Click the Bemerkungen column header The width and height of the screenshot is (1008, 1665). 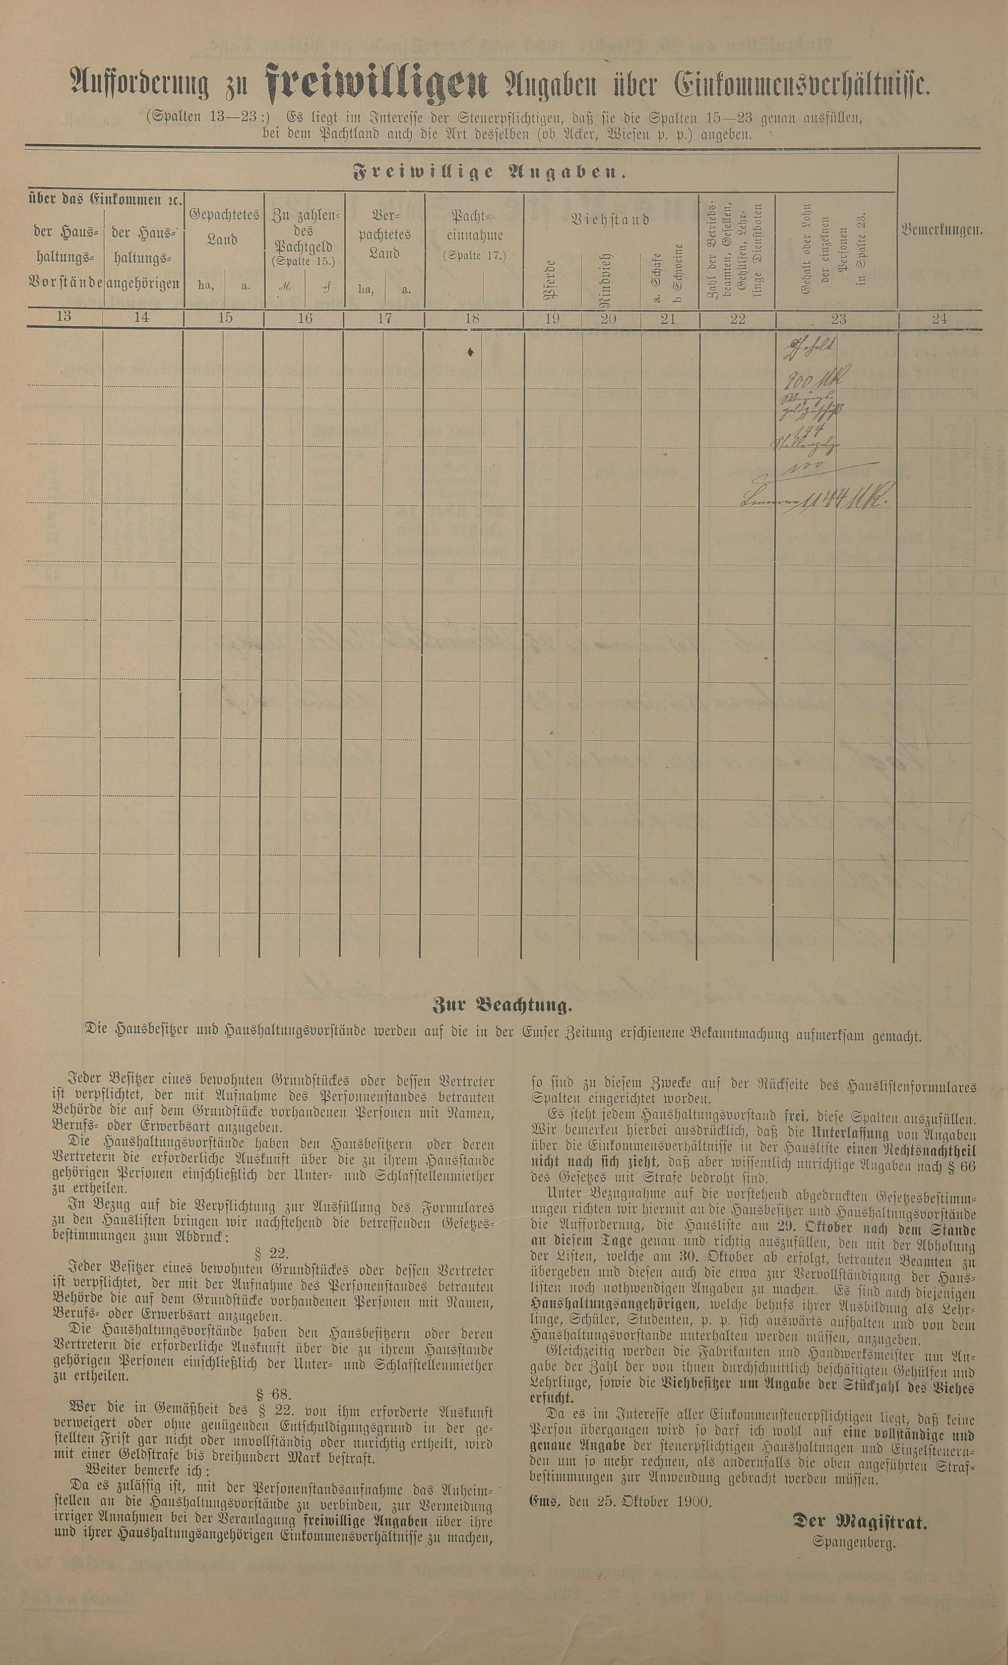tap(940, 230)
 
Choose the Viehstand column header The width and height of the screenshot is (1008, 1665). tap(611, 220)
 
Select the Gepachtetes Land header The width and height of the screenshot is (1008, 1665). tap(224, 227)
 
